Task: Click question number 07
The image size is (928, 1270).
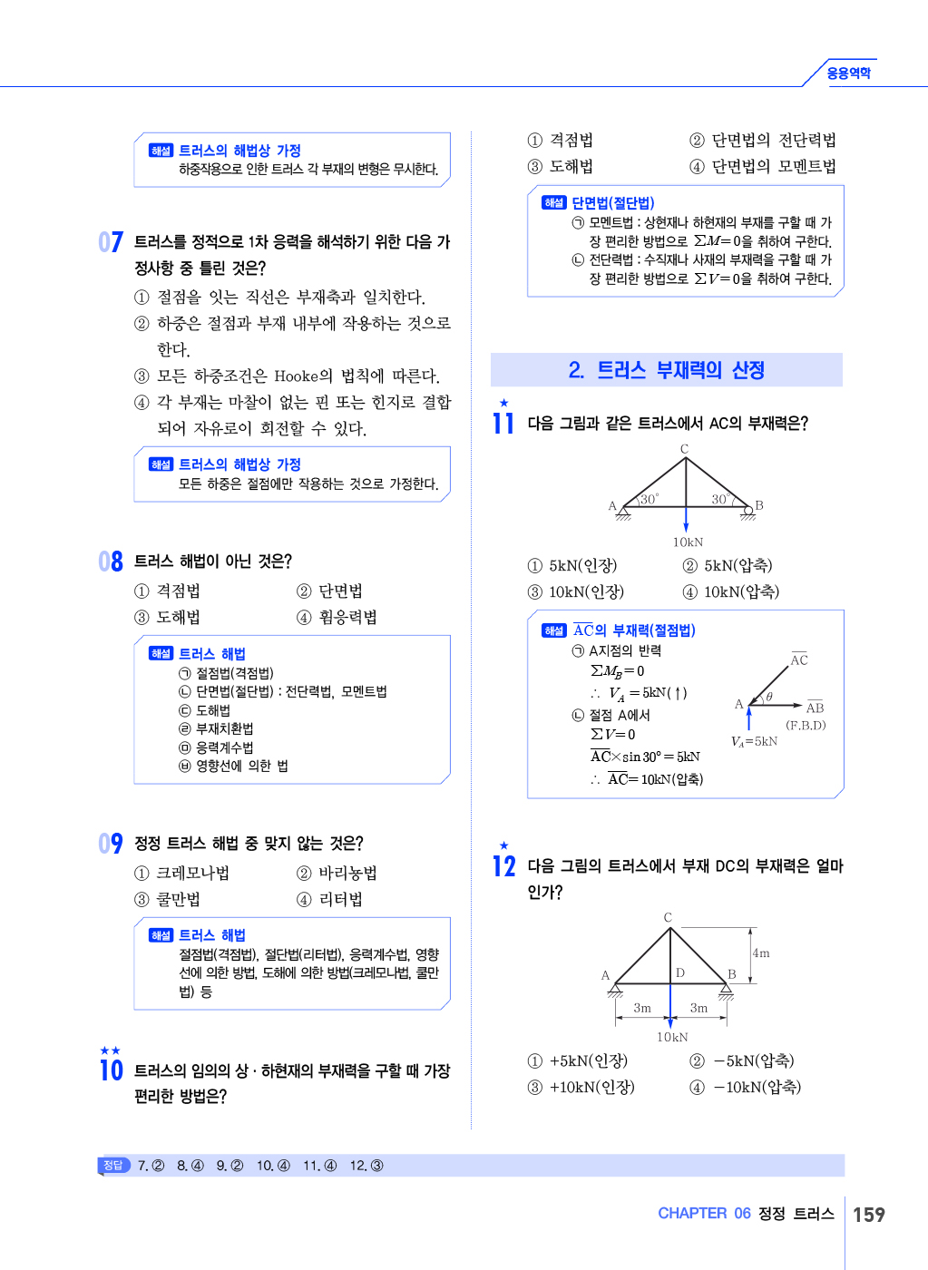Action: (x=111, y=242)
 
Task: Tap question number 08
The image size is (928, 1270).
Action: (x=111, y=562)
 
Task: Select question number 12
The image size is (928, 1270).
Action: (x=504, y=866)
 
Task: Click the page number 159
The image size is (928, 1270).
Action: (x=868, y=1215)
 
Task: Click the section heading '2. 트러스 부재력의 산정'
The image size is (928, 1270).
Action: (x=667, y=370)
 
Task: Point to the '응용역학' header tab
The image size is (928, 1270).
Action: (x=848, y=73)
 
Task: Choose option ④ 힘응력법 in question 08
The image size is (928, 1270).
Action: (x=337, y=618)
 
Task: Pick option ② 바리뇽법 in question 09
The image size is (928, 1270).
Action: (x=337, y=874)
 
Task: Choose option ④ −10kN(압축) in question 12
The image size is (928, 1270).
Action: (x=746, y=1088)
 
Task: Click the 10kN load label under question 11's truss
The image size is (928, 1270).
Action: (x=688, y=542)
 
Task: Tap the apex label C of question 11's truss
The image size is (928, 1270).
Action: (x=685, y=449)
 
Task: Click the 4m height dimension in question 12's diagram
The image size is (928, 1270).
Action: (x=761, y=953)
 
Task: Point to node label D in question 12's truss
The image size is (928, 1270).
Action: (x=680, y=972)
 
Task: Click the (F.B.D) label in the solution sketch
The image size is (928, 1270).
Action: (x=806, y=726)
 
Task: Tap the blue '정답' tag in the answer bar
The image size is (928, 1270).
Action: (x=113, y=1166)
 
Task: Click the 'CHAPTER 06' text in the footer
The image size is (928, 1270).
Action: (x=704, y=1214)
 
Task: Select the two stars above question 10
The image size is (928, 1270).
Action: (x=110, y=1050)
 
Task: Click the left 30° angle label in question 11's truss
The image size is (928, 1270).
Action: (x=650, y=499)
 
